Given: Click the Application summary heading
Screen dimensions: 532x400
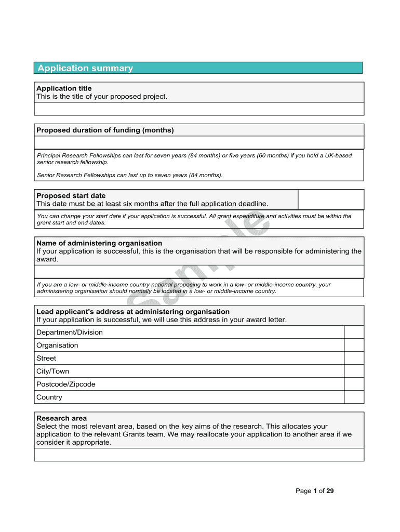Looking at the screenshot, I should (85, 68).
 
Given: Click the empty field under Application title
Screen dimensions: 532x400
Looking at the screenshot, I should (199, 109).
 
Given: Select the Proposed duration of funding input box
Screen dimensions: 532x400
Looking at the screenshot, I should (199, 142).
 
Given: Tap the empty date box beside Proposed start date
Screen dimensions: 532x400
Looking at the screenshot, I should (331, 199).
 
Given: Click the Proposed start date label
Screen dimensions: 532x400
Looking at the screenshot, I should (71, 196).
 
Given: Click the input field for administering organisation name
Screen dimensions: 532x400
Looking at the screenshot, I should (199, 272).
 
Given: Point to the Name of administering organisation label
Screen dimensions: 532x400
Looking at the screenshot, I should (99, 243).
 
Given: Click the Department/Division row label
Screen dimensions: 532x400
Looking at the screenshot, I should (70, 332).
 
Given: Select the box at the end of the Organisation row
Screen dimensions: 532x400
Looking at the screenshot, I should (354, 345).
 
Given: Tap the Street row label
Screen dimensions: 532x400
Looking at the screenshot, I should (46, 358).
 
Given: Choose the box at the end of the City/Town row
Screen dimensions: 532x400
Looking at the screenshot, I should (354, 371).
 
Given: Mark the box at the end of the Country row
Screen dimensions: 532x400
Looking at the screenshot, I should (354, 397).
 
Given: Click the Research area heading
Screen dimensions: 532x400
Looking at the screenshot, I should (61, 418).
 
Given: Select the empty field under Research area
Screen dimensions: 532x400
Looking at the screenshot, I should (199, 455).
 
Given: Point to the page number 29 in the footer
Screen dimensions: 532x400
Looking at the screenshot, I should (330, 491).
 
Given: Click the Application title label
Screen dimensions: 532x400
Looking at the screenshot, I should (64, 88).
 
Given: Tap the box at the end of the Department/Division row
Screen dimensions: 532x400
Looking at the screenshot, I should (354, 332).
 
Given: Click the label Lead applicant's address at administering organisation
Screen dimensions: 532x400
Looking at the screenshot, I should (133, 312).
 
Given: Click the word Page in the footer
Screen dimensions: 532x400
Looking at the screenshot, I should (303, 491).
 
